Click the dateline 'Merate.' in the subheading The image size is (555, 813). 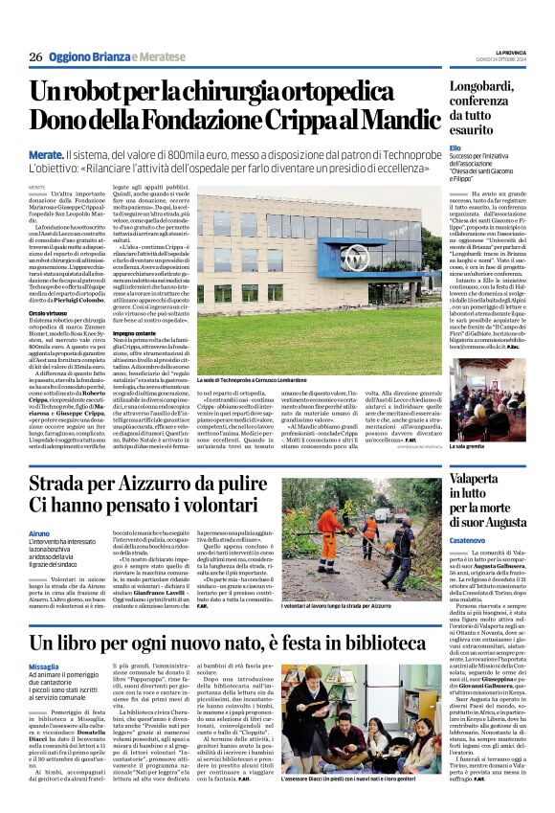47,153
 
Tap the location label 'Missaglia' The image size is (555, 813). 44,666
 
